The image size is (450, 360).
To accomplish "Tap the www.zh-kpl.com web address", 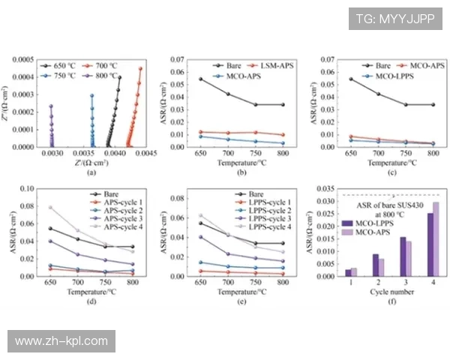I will point(62,341).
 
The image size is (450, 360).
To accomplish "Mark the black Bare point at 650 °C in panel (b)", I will point(200,79).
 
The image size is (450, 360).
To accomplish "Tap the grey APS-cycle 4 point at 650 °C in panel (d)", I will point(50,208).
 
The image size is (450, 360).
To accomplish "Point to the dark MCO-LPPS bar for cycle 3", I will point(402,256).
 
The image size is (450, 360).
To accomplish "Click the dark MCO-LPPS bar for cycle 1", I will point(349,271).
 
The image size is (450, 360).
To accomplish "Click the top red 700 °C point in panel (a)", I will point(140,69).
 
